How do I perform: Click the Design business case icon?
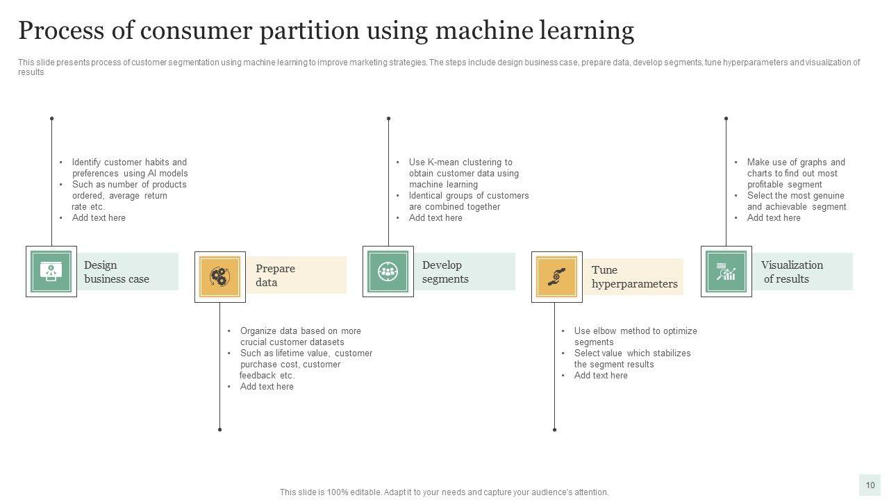tap(51, 271)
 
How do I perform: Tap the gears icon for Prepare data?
tap(219, 276)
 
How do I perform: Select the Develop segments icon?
tap(388, 271)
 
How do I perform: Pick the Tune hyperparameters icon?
tap(556, 276)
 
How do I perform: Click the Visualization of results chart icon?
tap(726, 271)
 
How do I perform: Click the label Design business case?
tap(116, 272)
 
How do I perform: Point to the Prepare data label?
tap(275, 275)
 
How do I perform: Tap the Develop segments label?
tap(445, 272)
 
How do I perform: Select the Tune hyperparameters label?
tap(634, 276)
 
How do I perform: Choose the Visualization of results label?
tap(792, 272)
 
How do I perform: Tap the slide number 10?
tap(870, 485)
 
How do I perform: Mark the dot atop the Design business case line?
tap(51, 119)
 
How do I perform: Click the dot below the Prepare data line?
tap(219, 429)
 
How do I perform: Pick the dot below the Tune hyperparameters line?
tap(554, 429)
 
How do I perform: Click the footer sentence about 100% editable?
tap(444, 492)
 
